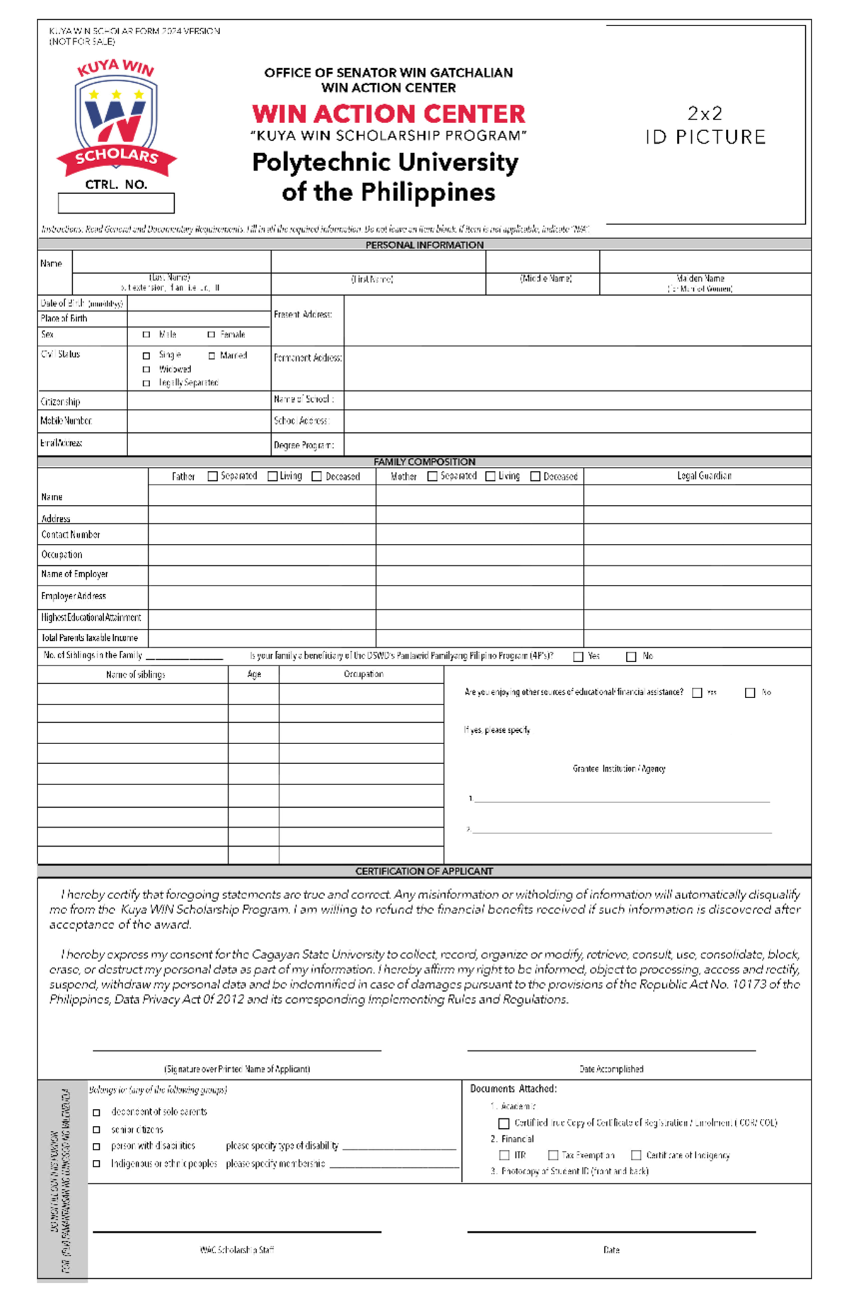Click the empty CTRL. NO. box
pyautogui.click(x=116, y=204)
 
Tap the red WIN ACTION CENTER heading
pyautogui.click(x=388, y=114)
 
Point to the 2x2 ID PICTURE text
pyautogui.click(x=705, y=125)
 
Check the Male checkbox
pyautogui.click(x=146, y=335)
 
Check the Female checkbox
pyautogui.click(x=211, y=335)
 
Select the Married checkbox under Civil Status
pyautogui.click(x=212, y=356)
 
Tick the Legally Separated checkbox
pyautogui.click(x=146, y=383)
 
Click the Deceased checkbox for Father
pyautogui.click(x=317, y=477)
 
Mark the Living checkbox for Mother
pyautogui.click(x=490, y=477)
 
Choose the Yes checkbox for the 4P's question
pyautogui.click(x=578, y=657)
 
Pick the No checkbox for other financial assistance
pyautogui.click(x=750, y=693)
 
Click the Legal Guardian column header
pyautogui.click(x=704, y=476)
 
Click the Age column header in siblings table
pyautogui.click(x=254, y=675)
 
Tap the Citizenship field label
pyautogui.click(x=60, y=402)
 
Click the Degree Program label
pyautogui.click(x=304, y=446)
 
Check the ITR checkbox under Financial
pyautogui.click(x=504, y=1155)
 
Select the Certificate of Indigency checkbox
pyautogui.click(x=636, y=1155)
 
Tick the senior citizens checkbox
pyautogui.click(x=97, y=1130)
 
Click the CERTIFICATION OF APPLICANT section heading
pyautogui.click(x=424, y=871)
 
